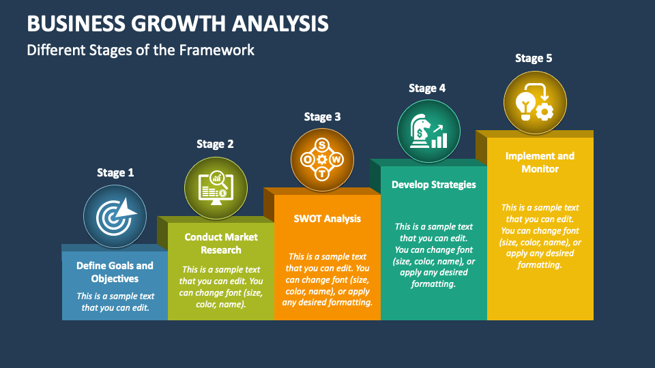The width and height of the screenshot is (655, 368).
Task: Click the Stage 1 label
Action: point(115,173)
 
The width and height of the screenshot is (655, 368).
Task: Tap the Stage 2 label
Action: point(215,144)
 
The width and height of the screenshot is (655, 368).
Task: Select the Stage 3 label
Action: point(322,117)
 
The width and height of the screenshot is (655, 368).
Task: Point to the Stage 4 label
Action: point(427,89)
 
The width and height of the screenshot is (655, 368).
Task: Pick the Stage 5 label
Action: point(534,59)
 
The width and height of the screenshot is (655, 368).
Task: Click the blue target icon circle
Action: point(115,217)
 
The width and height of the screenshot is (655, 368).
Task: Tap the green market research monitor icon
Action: point(216,188)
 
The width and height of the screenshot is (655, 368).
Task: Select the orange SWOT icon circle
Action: point(322,159)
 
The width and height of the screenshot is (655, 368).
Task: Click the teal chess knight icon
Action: point(428,131)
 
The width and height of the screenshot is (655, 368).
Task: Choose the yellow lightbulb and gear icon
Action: point(535,102)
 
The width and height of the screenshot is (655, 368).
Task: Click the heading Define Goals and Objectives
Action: point(115,272)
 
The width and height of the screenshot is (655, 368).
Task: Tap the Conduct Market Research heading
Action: point(221,243)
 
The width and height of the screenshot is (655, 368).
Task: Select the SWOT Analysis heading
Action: point(327,219)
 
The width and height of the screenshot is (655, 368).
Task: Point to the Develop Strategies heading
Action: point(434,185)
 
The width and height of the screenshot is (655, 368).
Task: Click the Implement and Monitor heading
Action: point(540,162)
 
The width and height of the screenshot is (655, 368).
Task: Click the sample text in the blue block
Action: point(115,302)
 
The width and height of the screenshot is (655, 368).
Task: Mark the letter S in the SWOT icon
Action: point(322,144)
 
